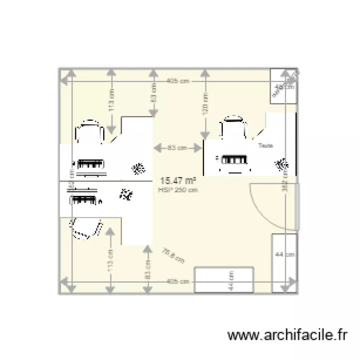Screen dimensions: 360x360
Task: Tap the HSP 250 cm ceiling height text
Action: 178,190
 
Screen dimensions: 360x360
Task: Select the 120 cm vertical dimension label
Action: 205,103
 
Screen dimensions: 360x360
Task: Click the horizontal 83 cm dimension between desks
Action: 177,148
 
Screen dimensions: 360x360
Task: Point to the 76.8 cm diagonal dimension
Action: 173,255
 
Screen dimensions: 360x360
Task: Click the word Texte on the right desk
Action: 265,145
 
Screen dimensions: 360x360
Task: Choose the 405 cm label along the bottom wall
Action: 178,282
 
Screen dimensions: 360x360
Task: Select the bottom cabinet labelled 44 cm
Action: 223,279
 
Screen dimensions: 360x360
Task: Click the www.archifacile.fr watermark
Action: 287,335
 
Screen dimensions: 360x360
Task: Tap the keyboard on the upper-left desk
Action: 91,164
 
